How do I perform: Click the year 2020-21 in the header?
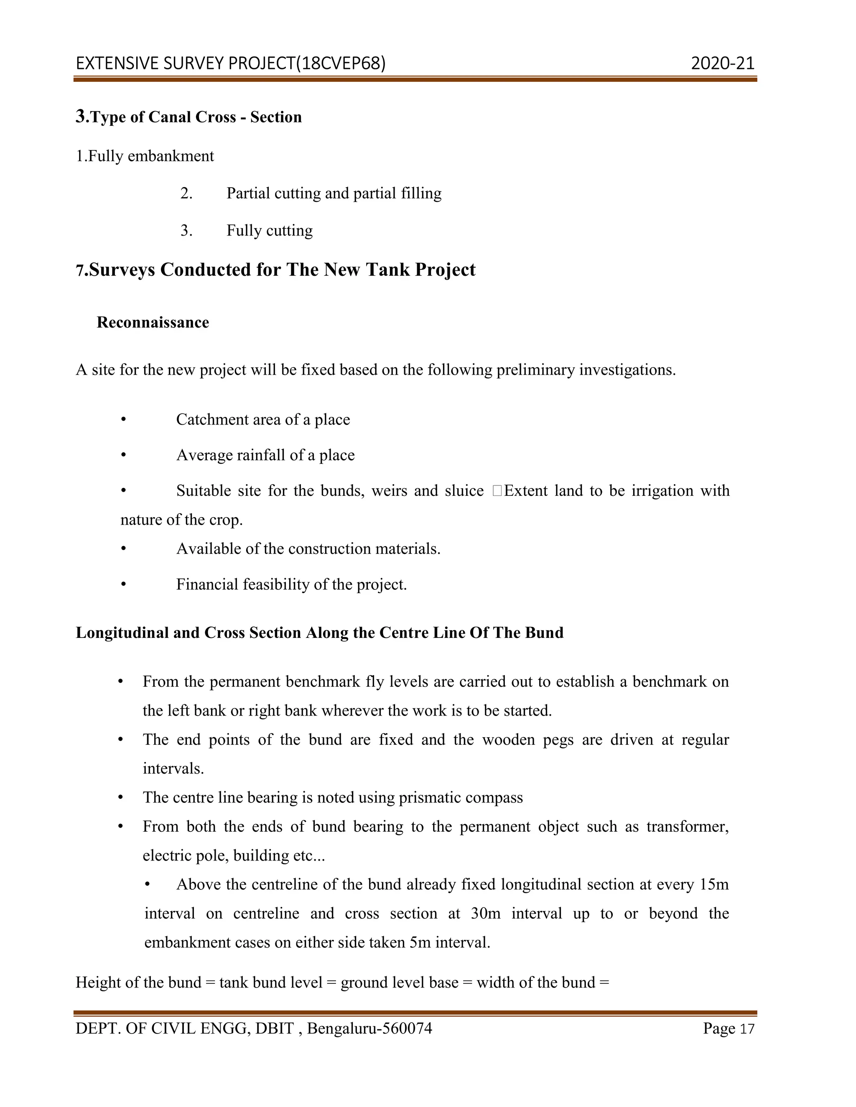coord(722,63)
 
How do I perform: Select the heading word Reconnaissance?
coord(153,322)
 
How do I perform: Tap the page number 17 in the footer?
coord(747,1029)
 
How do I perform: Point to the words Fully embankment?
coord(150,156)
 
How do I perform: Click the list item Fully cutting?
coord(269,231)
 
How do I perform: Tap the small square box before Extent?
coord(497,491)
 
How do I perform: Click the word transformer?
coord(687,827)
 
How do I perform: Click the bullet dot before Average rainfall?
coord(123,455)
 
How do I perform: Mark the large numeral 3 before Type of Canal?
coord(81,116)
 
